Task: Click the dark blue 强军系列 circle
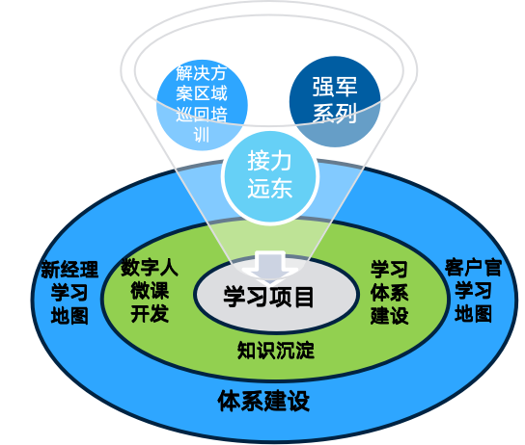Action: pyautogui.click(x=335, y=101)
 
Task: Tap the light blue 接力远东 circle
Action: pyautogui.click(x=269, y=177)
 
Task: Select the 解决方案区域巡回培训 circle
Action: pyautogui.click(x=202, y=105)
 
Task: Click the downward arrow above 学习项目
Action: pyautogui.click(x=270, y=266)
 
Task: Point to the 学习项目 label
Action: pyautogui.click(x=268, y=297)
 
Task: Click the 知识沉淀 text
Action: pyautogui.click(x=276, y=351)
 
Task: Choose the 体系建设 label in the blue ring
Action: pyautogui.click(x=263, y=401)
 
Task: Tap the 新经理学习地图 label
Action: pyautogui.click(x=69, y=293)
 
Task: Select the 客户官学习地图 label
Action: pyautogui.click(x=473, y=291)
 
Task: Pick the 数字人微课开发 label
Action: pyautogui.click(x=150, y=290)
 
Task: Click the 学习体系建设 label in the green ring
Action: pyautogui.click(x=389, y=293)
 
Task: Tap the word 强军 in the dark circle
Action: pyautogui.click(x=335, y=87)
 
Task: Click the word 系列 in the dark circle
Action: pyautogui.click(x=335, y=114)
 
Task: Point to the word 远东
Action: pyautogui.click(x=270, y=189)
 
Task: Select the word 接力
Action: pyautogui.click(x=270, y=162)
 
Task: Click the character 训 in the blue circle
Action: pyautogui.click(x=202, y=135)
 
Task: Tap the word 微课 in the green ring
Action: pyautogui.click(x=150, y=291)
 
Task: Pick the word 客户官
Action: pyautogui.click(x=473, y=268)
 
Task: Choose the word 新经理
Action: pyautogui.click(x=69, y=270)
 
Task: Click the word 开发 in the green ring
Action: pyautogui.click(x=150, y=314)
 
